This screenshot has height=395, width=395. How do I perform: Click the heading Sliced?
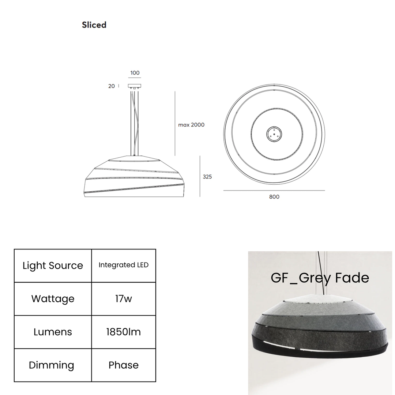point(94,25)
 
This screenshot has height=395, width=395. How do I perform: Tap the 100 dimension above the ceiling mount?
point(135,73)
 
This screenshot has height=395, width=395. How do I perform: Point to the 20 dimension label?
point(111,86)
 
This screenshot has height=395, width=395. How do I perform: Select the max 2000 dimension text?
point(191,125)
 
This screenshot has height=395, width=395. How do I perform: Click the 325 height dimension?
point(207,177)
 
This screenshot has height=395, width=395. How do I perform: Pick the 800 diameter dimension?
point(274,197)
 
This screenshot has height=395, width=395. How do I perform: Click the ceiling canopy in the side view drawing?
point(135,86)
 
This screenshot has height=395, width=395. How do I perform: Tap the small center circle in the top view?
point(274,134)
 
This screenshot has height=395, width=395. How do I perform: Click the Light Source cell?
point(53,266)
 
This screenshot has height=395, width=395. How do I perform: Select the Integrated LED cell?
point(124,265)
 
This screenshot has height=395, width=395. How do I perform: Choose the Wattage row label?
point(53,299)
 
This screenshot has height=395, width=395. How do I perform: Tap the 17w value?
point(124,299)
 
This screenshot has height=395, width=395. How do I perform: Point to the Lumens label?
point(53,332)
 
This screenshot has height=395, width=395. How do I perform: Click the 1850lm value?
point(124,332)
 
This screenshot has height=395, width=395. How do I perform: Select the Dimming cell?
point(53,365)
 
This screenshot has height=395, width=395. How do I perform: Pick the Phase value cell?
point(124,365)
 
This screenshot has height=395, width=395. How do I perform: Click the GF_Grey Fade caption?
point(320,278)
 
